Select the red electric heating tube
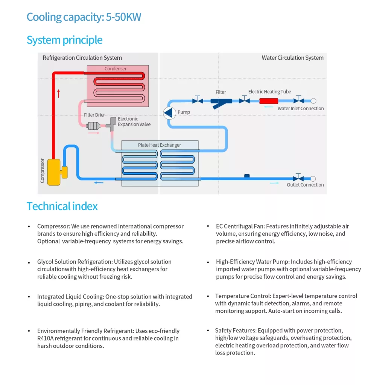(x=269, y=101)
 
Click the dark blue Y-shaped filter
(x=221, y=102)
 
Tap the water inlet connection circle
(x=313, y=101)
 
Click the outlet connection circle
(x=313, y=179)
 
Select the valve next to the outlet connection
(x=299, y=178)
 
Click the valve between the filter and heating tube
(x=245, y=100)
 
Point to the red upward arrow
(x=58, y=93)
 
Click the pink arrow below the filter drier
(x=94, y=133)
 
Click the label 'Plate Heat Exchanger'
(x=160, y=145)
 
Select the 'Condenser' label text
(x=116, y=69)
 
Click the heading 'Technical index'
(x=62, y=206)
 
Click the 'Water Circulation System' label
(x=292, y=58)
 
